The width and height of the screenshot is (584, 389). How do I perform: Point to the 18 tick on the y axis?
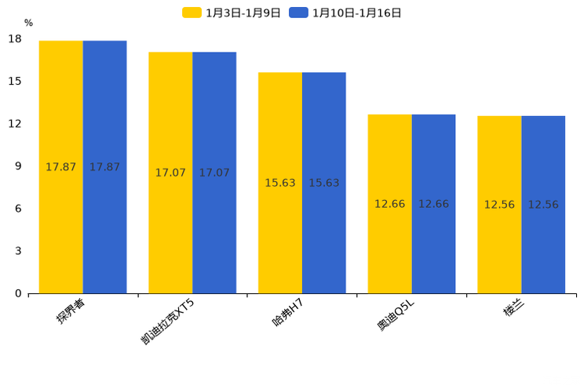[15, 39]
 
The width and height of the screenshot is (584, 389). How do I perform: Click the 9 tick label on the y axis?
[18, 166]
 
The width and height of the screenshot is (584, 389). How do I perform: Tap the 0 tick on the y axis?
[18, 293]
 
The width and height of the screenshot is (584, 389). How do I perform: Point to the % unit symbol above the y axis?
[28, 24]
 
